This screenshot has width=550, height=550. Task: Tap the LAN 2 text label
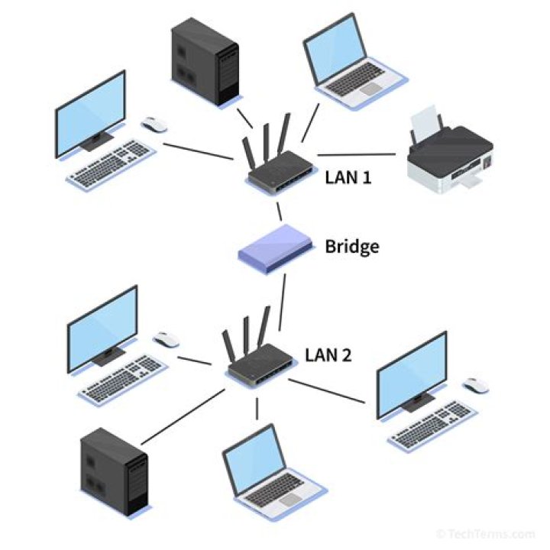click(x=328, y=354)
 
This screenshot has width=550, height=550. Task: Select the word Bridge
click(x=352, y=247)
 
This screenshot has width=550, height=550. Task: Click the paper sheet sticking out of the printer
click(x=426, y=123)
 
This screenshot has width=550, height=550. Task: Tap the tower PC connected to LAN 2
click(x=114, y=471)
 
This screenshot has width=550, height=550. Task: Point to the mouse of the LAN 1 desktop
click(x=154, y=125)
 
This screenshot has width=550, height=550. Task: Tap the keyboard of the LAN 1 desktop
click(x=110, y=163)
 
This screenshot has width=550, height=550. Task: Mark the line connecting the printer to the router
click(x=356, y=156)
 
